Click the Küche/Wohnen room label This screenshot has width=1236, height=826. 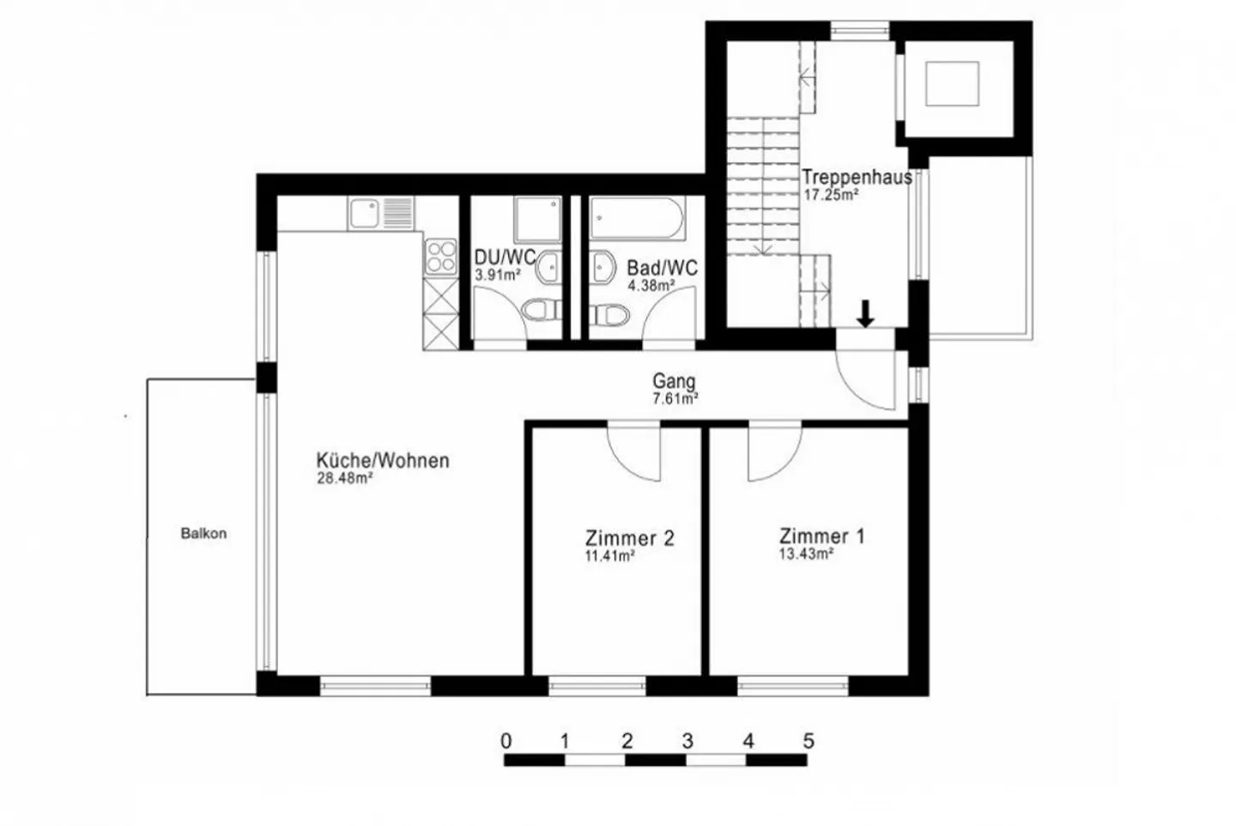pyautogui.click(x=382, y=460)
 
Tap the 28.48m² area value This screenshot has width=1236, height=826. pyautogui.click(x=344, y=479)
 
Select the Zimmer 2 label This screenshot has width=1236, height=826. pyautogui.click(x=629, y=538)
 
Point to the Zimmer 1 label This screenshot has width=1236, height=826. pyautogui.click(x=821, y=537)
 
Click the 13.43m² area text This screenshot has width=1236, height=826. pyautogui.click(x=806, y=555)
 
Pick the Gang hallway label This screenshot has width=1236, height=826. pyautogui.click(x=674, y=380)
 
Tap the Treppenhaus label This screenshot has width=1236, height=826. pyautogui.click(x=857, y=177)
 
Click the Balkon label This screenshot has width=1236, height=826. pyautogui.click(x=203, y=533)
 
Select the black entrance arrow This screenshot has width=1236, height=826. pyautogui.click(x=865, y=313)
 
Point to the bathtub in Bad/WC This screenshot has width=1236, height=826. pyautogui.click(x=636, y=219)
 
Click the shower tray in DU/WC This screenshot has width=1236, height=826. pyautogui.click(x=537, y=219)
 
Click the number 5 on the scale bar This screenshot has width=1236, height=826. pyautogui.click(x=807, y=740)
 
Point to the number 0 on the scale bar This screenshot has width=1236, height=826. pyautogui.click(x=506, y=740)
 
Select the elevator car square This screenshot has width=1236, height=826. pyautogui.click(x=952, y=83)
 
